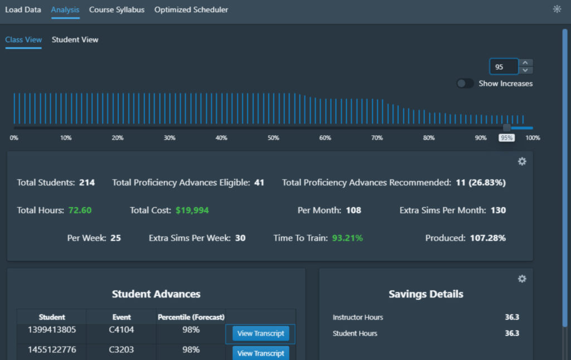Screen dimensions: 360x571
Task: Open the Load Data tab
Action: (x=23, y=10)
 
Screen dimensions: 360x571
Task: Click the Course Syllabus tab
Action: (x=117, y=10)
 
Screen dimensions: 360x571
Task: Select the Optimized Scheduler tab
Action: (x=191, y=10)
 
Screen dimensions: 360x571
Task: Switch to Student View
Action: (x=75, y=40)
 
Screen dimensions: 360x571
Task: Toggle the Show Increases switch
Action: (x=465, y=84)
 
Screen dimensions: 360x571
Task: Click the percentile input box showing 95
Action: (x=504, y=67)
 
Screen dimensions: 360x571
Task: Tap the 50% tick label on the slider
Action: (x=273, y=138)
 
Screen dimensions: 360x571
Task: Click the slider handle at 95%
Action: (x=506, y=128)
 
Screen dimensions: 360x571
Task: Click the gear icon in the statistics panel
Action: (x=522, y=161)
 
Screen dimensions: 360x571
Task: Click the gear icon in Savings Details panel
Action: (x=522, y=279)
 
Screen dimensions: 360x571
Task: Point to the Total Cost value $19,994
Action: (x=192, y=210)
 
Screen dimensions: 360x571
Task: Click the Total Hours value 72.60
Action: (x=80, y=210)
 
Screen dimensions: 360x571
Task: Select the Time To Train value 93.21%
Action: (x=347, y=238)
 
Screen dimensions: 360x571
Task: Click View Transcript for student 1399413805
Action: (x=260, y=334)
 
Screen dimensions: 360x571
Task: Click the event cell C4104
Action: (x=121, y=330)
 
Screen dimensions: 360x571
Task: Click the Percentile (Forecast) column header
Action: (x=191, y=317)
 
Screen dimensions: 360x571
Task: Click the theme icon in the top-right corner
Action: (x=557, y=9)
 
